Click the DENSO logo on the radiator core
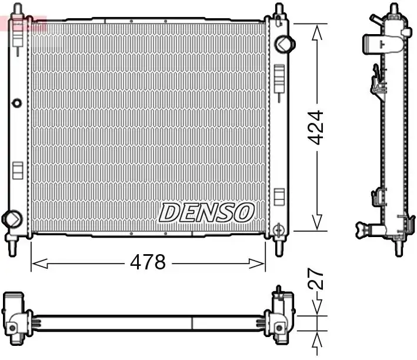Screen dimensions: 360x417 (206, 212)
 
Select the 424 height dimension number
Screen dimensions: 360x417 (316, 127)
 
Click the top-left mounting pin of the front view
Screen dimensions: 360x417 (18, 10)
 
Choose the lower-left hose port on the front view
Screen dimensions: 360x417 (11, 218)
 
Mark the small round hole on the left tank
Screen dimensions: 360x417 (16, 104)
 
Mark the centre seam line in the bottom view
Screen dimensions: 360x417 (192, 323)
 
